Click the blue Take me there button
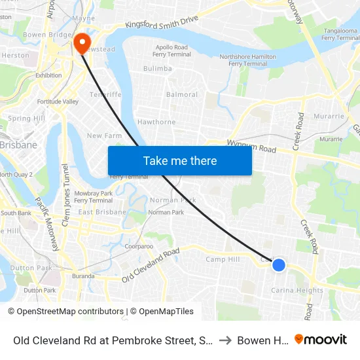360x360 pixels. (x=180, y=160)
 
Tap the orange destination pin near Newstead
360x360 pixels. (x=82, y=43)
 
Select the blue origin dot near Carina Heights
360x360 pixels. (x=279, y=264)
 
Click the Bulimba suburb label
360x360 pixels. (x=158, y=68)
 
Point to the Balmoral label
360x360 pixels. (x=182, y=95)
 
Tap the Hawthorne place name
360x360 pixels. (x=156, y=122)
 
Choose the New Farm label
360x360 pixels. (x=104, y=135)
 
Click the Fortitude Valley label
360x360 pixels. (x=58, y=101)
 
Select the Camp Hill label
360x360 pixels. (x=223, y=259)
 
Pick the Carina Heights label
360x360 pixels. (x=297, y=291)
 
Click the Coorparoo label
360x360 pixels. (x=139, y=246)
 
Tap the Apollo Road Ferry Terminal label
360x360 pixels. (x=172, y=51)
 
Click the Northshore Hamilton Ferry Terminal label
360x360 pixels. (x=247, y=60)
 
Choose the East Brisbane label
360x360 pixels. (x=102, y=213)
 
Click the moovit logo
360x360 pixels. (x=321, y=340)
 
